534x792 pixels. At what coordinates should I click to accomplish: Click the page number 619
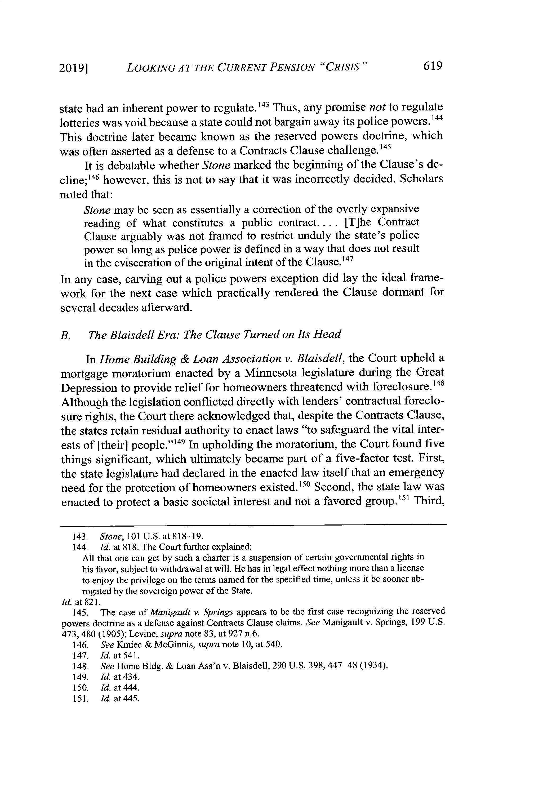click(432, 65)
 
